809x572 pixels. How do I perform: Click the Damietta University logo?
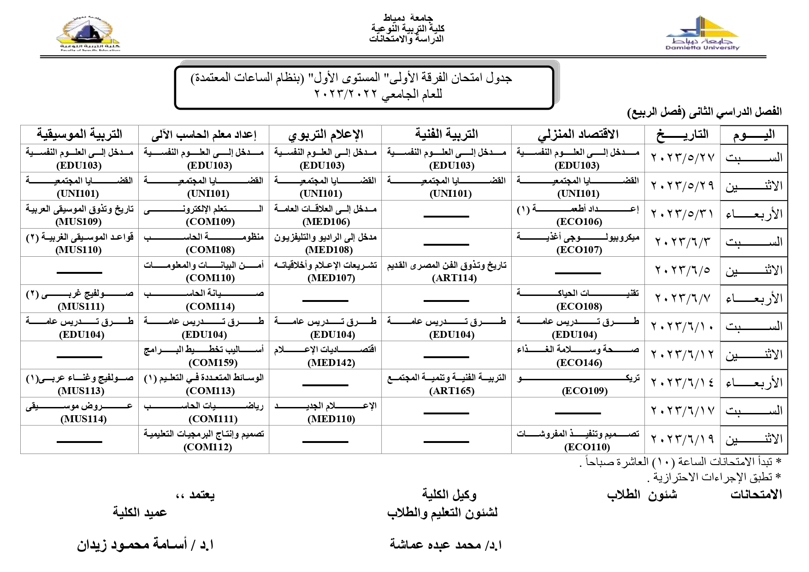702,33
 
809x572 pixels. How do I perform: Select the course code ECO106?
579,222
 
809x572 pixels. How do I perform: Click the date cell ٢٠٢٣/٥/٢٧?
682,158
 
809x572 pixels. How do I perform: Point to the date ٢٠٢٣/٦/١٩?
682,439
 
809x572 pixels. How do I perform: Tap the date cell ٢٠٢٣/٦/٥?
682,270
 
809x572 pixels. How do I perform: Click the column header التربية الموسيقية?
79,134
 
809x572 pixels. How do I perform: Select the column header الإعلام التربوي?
325,134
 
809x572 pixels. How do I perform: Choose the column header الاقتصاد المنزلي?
578,134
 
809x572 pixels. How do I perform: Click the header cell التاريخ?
682,134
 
